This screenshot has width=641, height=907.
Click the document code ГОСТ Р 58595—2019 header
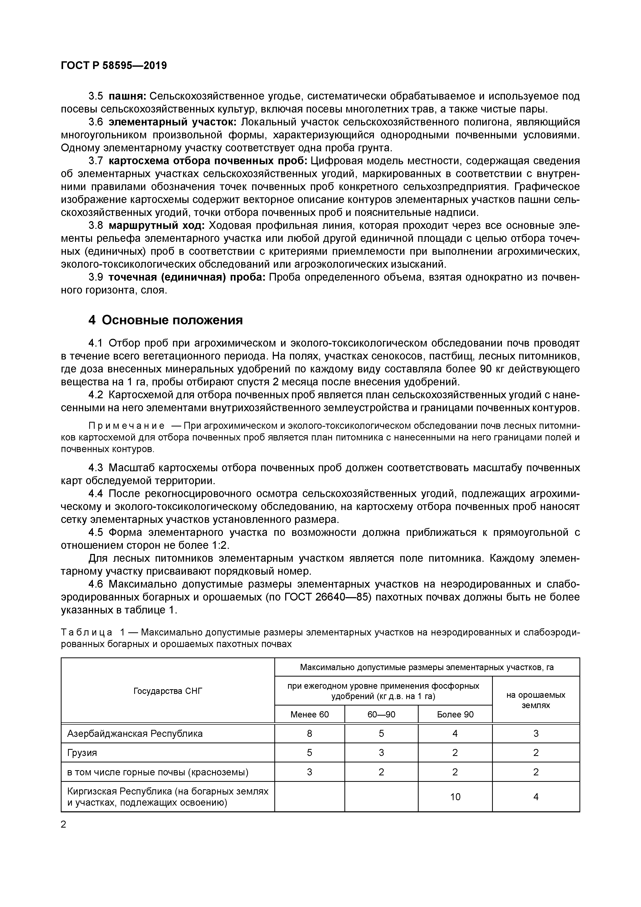[114, 66]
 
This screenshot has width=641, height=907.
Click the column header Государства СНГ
[168, 691]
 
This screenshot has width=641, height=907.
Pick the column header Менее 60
[309, 714]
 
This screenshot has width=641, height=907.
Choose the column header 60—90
[381, 714]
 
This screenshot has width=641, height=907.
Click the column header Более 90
[455, 714]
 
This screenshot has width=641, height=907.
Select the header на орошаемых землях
[536, 700]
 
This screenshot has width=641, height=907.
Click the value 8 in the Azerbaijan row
[309, 733]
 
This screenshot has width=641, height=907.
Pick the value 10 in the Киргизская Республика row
[455, 797]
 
